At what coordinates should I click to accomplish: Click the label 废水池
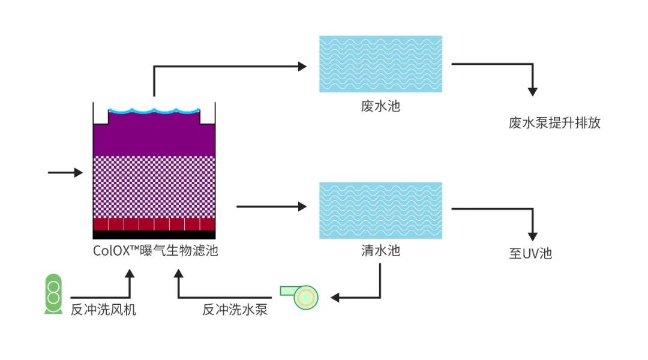[x=380, y=107]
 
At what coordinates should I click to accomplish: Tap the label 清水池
[x=380, y=250]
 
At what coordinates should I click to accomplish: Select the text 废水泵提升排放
[x=554, y=124]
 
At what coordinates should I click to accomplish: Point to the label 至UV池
[x=530, y=254]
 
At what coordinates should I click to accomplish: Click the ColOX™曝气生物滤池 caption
[x=155, y=251]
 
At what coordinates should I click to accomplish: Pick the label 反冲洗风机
[x=103, y=310]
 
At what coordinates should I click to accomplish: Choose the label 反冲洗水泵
[x=235, y=310]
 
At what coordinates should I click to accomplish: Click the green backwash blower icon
[x=53, y=294]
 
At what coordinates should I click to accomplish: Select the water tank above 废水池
[x=380, y=64]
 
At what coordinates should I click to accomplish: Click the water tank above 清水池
[x=380, y=210]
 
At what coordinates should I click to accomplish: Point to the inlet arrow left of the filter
[x=65, y=173]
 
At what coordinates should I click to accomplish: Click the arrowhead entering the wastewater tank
[x=302, y=66]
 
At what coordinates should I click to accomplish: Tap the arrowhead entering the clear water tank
[x=302, y=207]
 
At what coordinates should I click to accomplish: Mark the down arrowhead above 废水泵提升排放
[x=532, y=91]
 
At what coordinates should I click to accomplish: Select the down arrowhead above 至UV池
[x=532, y=236]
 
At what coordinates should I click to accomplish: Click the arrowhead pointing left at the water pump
[x=335, y=297]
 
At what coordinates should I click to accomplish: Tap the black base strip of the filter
[x=154, y=235]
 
